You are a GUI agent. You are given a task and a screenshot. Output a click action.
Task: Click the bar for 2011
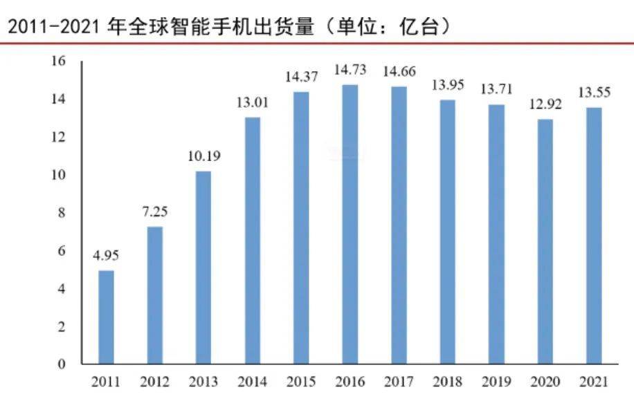click(106, 317)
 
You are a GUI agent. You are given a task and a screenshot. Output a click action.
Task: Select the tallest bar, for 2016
click(350, 224)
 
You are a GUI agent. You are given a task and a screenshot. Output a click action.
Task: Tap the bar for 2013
click(203, 267)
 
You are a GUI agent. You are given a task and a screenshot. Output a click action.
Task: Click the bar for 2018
click(448, 232)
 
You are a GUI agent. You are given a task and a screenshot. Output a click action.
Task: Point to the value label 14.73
click(350, 71)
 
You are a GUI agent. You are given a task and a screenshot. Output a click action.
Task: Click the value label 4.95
click(106, 256)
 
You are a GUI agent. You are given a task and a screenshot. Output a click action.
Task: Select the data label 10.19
click(203, 156)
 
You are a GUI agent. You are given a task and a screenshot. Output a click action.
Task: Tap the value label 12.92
click(545, 105)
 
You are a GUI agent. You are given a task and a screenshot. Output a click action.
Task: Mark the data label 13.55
click(595, 93)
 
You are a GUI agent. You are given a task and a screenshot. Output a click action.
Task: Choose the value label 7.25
click(154, 212)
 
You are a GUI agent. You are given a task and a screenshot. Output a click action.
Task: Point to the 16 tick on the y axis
click(58, 62)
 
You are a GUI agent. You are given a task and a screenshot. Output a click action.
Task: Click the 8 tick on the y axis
click(62, 213)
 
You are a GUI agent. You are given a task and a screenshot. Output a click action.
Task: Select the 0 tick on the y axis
click(62, 364)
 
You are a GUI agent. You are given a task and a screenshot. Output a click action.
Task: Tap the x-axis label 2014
click(252, 382)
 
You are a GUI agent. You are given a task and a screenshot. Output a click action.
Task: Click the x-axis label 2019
click(496, 382)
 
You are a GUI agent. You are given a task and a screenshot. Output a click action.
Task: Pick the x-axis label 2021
click(595, 382)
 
